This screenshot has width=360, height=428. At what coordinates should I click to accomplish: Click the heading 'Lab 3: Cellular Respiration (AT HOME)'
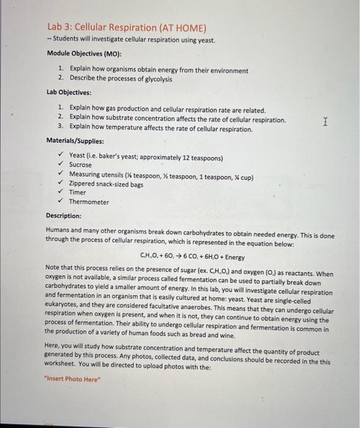[x=127, y=28]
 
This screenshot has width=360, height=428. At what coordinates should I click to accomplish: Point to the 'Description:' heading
[x=64, y=215]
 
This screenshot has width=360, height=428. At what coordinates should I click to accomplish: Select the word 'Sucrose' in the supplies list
[x=80, y=165]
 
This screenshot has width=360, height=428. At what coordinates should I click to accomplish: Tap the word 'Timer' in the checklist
[x=78, y=192]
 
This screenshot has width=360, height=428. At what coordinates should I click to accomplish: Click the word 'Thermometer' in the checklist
[x=89, y=201]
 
